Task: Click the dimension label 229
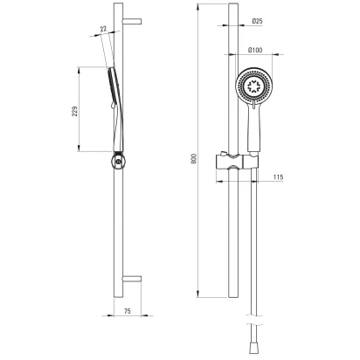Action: (x=75, y=111)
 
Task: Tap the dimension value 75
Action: (x=128, y=311)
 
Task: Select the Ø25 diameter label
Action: (x=257, y=21)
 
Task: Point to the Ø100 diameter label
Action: (x=255, y=50)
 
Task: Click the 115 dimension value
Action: (x=279, y=177)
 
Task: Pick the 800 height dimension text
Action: (x=195, y=158)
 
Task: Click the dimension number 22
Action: (x=103, y=29)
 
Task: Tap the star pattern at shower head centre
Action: (x=253, y=86)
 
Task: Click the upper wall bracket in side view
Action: (x=132, y=21)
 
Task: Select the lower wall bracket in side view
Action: (x=132, y=279)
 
